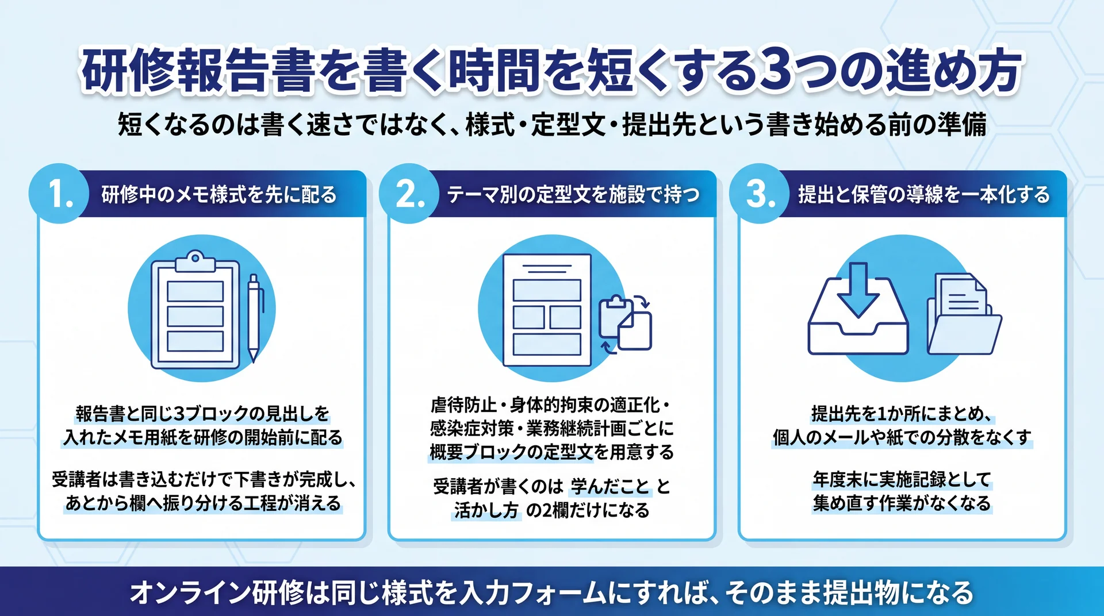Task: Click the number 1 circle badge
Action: click(x=59, y=194)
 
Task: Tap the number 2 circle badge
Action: click(x=409, y=194)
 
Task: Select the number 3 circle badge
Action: click(x=759, y=194)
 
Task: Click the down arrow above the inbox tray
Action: click(x=858, y=290)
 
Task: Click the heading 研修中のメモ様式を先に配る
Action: click(x=219, y=195)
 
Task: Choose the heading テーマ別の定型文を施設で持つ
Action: click(x=573, y=195)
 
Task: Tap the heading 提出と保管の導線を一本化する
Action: click(x=924, y=195)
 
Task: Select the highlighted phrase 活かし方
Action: click(x=486, y=510)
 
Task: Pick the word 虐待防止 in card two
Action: click(x=463, y=405)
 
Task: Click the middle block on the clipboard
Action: click(x=195, y=316)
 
